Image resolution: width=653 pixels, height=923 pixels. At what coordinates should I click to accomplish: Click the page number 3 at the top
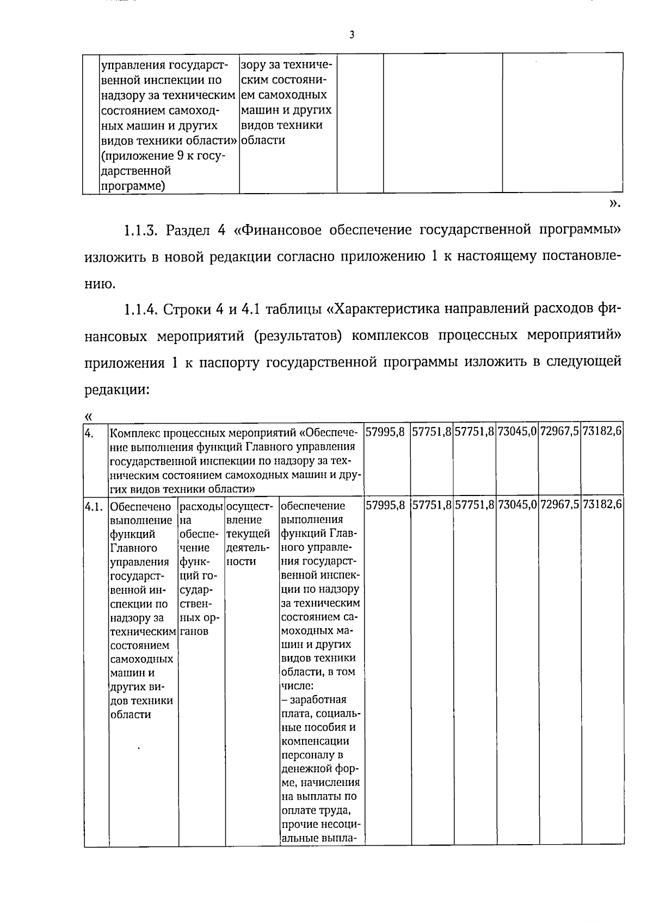coord(352,35)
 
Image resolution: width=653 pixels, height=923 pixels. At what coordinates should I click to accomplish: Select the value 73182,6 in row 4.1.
coord(602,505)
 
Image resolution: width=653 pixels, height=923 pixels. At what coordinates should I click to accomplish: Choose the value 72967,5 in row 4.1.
coord(559,505)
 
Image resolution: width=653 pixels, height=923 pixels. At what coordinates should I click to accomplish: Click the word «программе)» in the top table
coord(133,186)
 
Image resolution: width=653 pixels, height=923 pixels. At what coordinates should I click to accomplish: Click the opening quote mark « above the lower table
coord(89,417)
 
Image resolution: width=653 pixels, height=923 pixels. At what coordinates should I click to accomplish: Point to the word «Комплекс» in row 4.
coord(135,433)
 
